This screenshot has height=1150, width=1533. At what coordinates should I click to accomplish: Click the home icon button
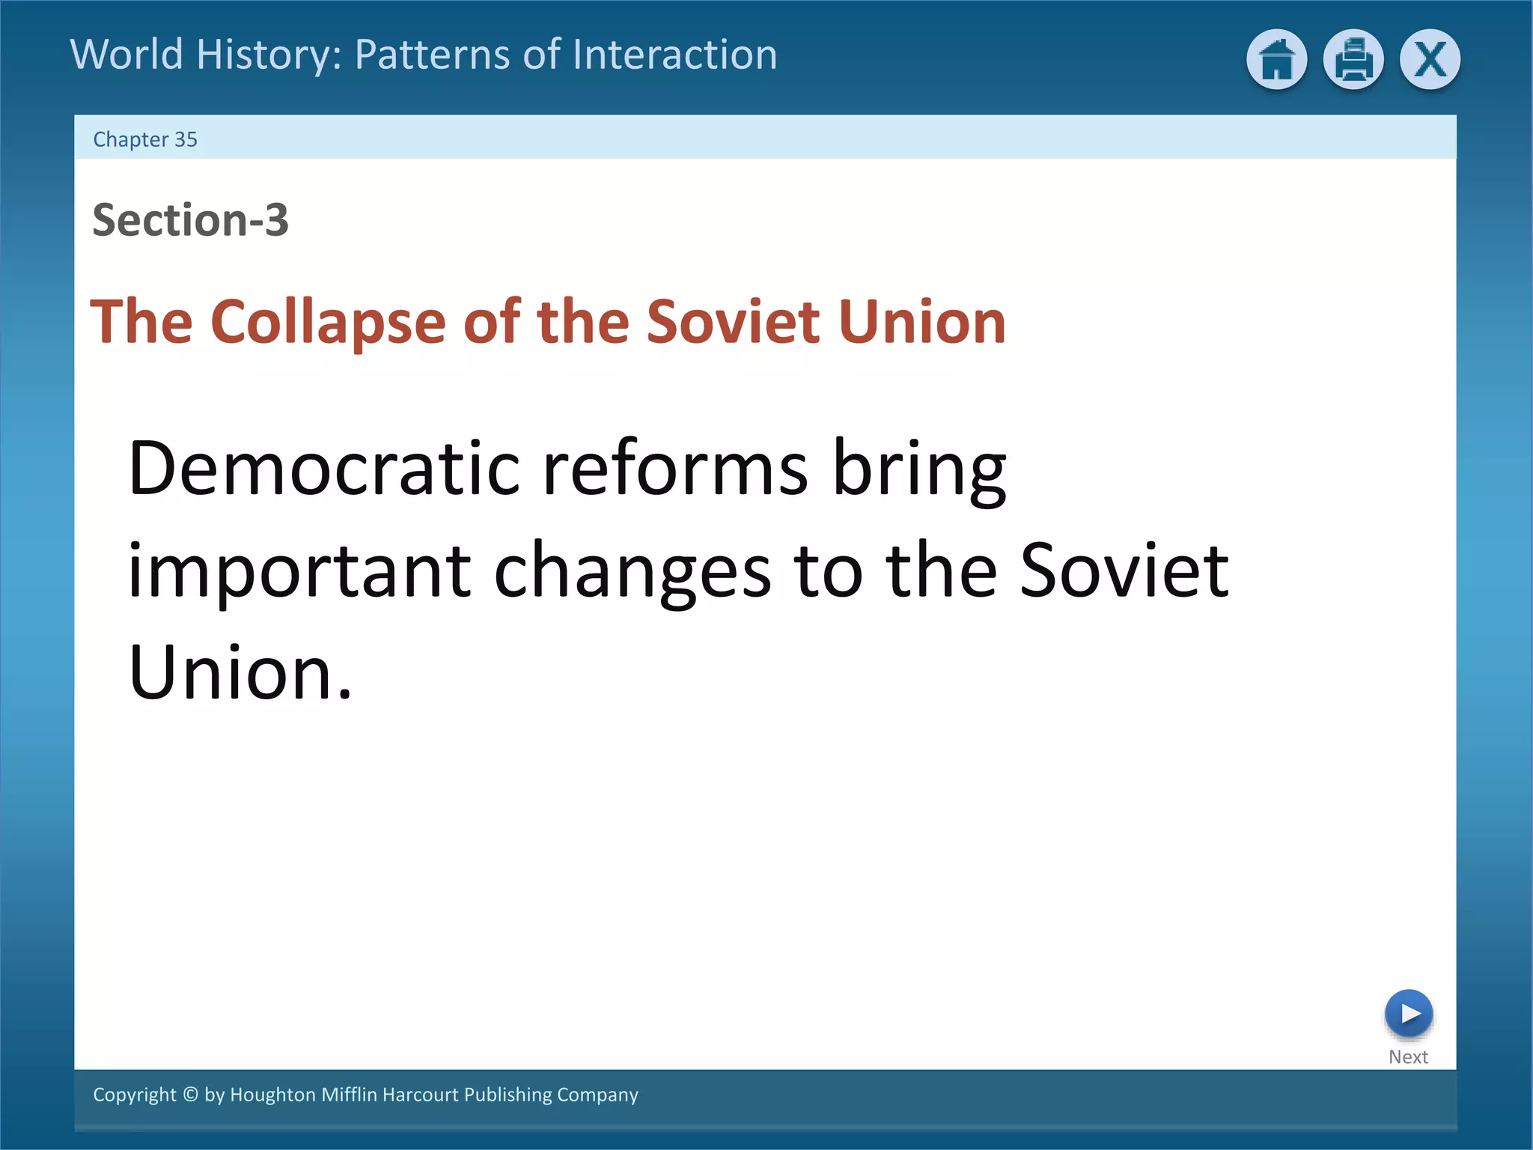coord(1276,60)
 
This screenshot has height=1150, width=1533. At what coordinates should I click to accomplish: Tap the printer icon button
coord(1353,60)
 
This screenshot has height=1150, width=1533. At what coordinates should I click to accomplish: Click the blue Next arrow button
coord(1408,1014)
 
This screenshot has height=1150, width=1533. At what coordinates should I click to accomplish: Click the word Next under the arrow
coord(1408,1057)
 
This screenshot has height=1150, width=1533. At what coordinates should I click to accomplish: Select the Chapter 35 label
coord(145,139)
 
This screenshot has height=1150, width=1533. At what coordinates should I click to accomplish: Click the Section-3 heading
coord(190,220)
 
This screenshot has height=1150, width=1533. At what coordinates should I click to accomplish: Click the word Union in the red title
coord(922,322)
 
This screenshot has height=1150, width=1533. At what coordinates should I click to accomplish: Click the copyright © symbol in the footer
coord(191,1095)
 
